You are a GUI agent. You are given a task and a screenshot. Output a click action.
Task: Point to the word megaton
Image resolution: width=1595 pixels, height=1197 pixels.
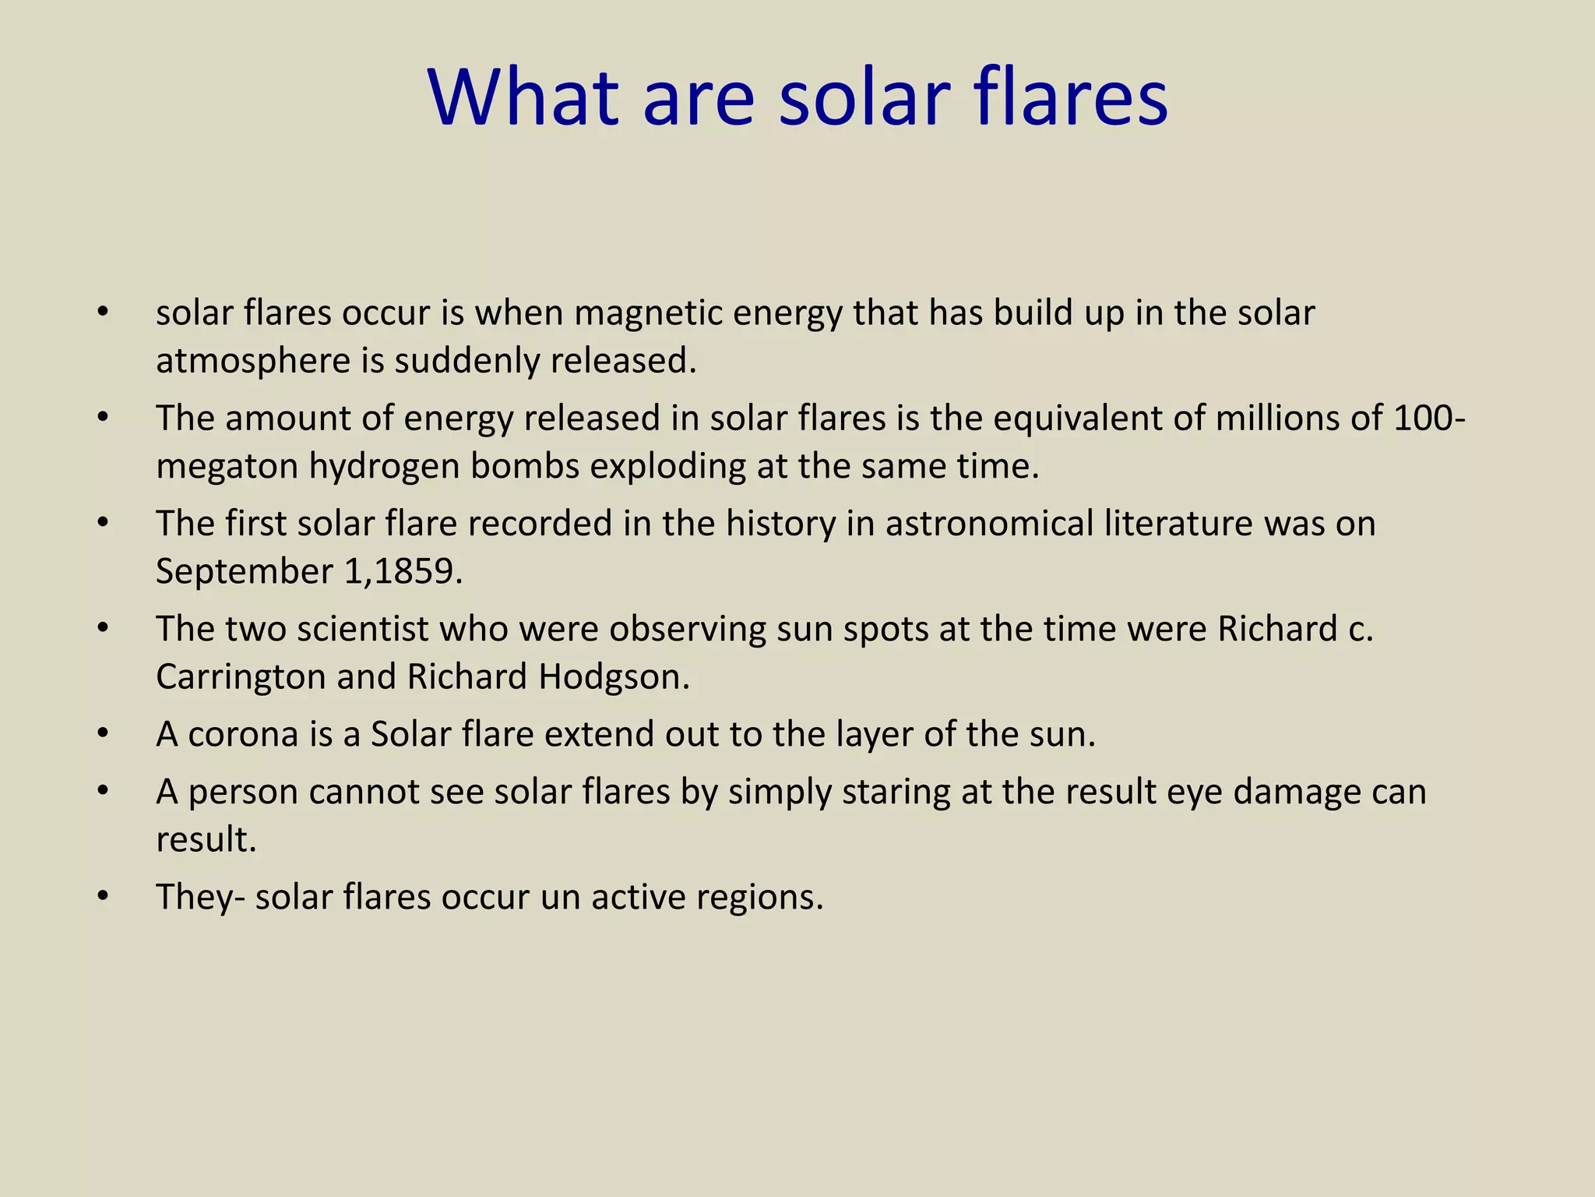tap(227, 467)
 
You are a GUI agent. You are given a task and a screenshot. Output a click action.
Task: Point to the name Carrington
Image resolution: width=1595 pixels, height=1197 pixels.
tap(241, 676)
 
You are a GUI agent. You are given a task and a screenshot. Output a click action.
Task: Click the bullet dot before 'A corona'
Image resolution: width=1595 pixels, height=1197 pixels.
tap(103, 734)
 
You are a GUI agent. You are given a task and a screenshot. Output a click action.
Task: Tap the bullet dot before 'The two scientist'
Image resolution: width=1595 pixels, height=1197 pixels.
tap(103, 629)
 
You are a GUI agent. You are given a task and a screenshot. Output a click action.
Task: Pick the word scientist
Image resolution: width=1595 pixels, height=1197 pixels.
tap(362, 629)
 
